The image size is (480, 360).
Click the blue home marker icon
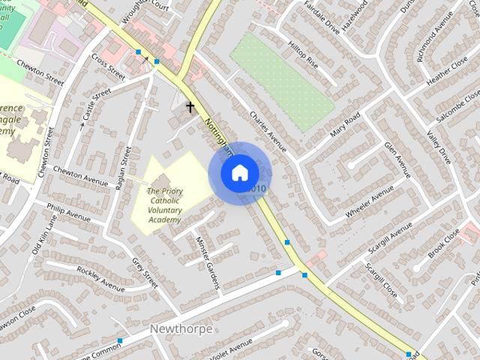239,173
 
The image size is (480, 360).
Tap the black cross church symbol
190,107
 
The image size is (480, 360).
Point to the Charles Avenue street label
268,131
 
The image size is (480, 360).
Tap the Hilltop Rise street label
303,55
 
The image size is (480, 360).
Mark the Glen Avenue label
397,159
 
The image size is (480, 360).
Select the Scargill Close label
381,277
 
